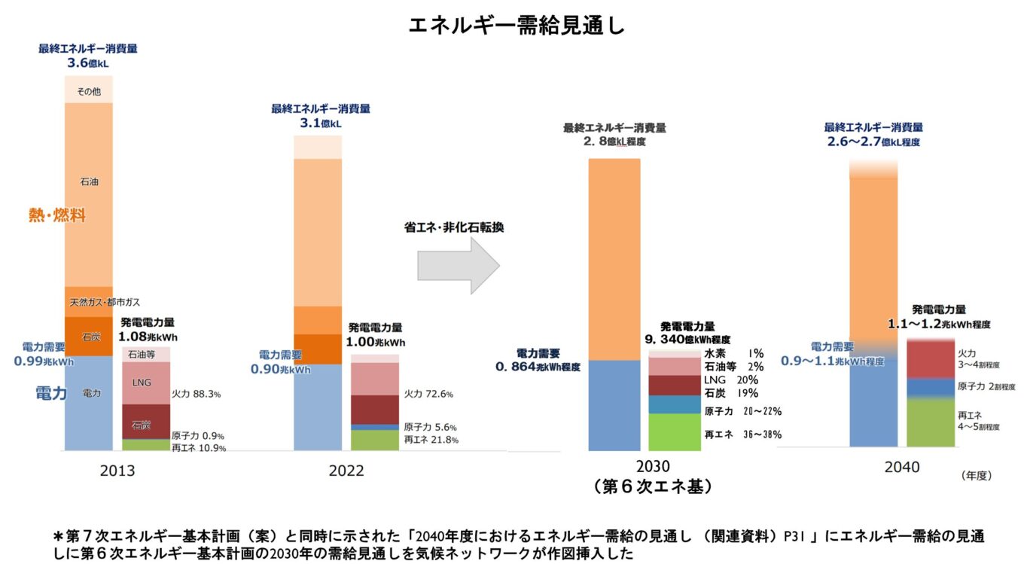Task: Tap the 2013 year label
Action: coord(117,471)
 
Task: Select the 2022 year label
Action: coord(346,471)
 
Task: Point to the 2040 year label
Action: coord(901,468)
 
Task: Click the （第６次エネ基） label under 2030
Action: coord(652,486)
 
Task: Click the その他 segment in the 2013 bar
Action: coord(89,90)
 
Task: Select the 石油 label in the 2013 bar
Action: coord(89,181)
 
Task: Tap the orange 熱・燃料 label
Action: coord(57,216)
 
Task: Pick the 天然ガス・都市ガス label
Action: coord(105,302)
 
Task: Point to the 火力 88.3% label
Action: coord(196,394)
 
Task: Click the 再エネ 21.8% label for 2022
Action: coord(431,440)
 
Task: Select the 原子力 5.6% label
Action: coord(430,426)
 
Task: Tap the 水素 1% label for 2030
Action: coord(733,353)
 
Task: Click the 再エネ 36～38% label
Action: coord(742,434)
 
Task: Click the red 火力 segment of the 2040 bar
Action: coord(931,359)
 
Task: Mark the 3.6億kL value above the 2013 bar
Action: coord(88,62)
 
